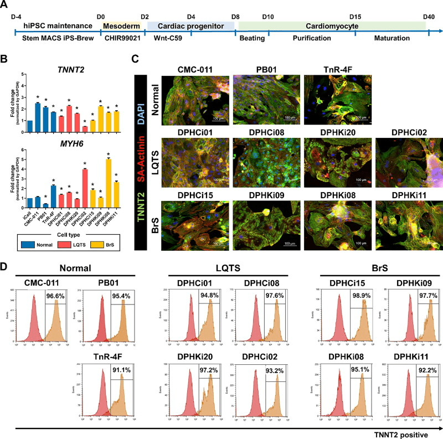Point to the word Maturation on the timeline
coord(391,38)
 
